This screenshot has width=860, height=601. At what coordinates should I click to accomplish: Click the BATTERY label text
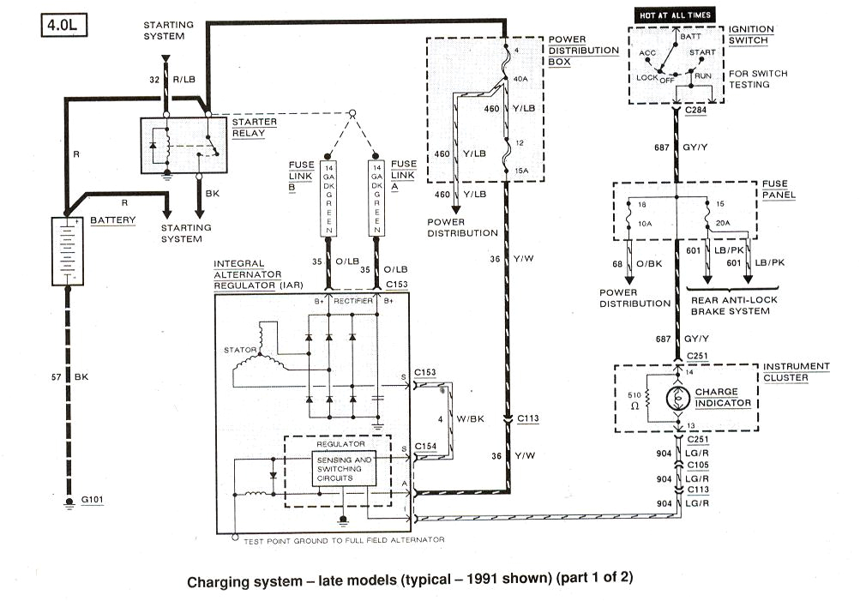pos(113,220)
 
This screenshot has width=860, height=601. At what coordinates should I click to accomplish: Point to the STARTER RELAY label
pos(255,128)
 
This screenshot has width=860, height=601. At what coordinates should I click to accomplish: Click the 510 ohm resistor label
pos(634,400)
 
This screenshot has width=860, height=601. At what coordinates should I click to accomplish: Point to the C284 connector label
pos(697,111)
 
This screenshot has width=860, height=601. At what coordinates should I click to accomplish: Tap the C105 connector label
pos(697,464)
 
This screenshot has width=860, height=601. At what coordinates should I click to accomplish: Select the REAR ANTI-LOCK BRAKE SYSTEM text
pos(729,305)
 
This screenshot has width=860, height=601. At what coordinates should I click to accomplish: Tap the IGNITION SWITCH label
pos(751,35)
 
